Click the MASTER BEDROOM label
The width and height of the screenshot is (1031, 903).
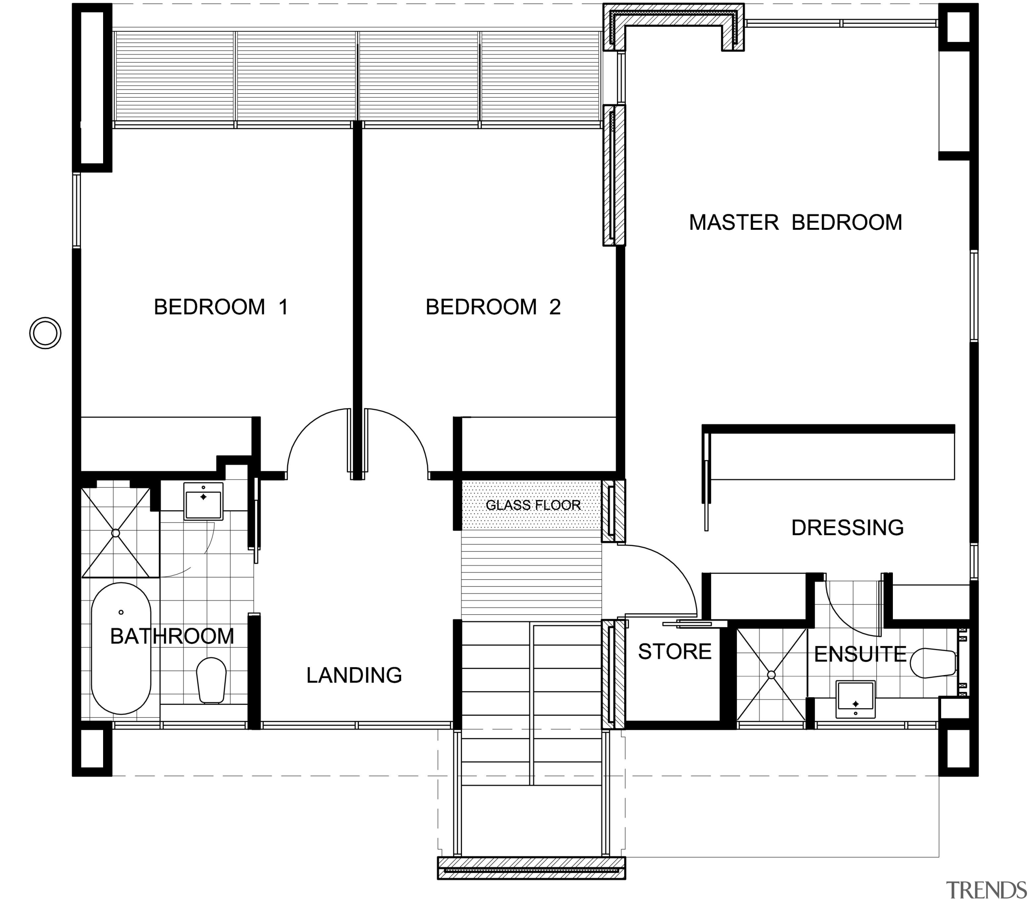pyautogui.click(x=795, y=223)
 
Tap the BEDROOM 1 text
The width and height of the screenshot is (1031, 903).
pyautogui.click(x=221, y=307)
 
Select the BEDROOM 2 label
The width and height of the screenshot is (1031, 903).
pyautogui.click(x=493, y=307)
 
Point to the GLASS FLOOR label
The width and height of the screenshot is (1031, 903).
pyautogui.click(x=533, y=505)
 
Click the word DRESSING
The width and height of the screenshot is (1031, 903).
pyautogui.click(x=847, y=528)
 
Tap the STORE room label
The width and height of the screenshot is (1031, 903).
pyautogui.click(x=674, y=651)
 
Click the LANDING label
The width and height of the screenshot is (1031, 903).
pyautogui.click(x=354, y=675)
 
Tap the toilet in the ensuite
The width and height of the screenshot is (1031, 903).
pyautogui.click(x=933, y=663)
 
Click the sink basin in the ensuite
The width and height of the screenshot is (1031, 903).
pyautogui.click(x=855, y=698)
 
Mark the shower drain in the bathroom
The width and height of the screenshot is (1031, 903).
pyautogui.click(x=116, y=533)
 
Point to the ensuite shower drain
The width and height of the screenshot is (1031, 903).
pyautogui.click(x=771, y=675)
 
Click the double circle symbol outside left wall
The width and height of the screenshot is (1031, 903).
pyautogui.click(x=46, y=333)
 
